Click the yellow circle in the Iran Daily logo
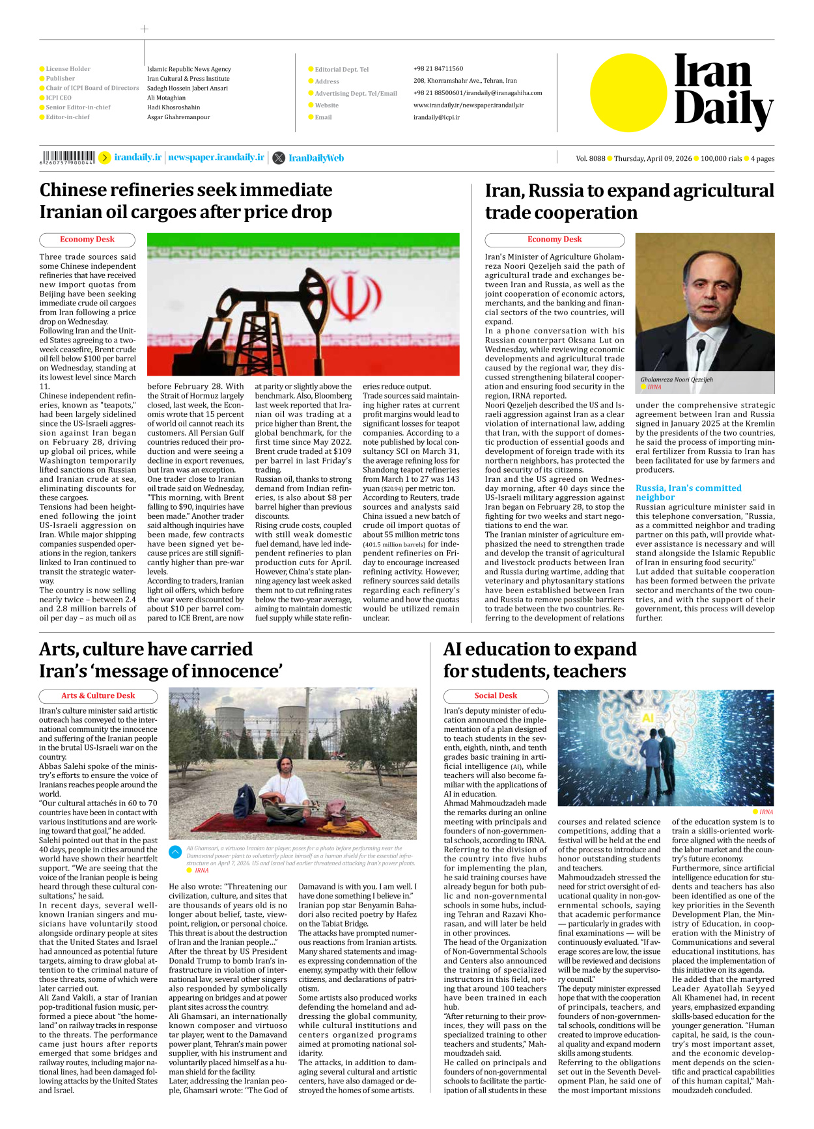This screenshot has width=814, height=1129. (628, 92)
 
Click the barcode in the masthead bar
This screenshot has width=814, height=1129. (68, 157)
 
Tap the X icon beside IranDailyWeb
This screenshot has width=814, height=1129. (279, 158)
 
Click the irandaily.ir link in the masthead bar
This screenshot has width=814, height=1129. (137, 158)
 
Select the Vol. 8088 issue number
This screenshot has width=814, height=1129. (590, 159)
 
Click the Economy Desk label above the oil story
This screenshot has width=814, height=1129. (87, 240)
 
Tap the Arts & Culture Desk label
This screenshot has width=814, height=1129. (98, 696)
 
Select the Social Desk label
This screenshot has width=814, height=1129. (496, 696)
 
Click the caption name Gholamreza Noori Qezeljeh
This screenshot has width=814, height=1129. (677, 380)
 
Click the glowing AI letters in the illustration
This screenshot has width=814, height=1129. (648, 718)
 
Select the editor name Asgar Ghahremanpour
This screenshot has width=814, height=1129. (178, 117)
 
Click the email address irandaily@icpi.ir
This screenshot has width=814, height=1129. (436, 118)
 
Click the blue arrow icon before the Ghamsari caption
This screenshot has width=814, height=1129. (175, 852)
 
